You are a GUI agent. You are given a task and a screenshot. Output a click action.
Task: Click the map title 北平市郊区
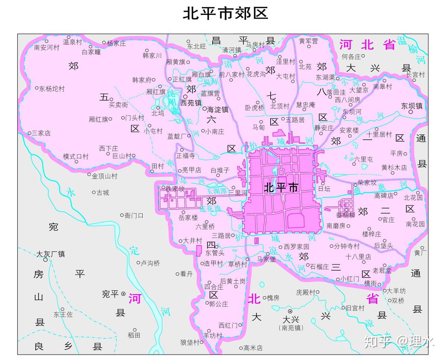coord(225,14)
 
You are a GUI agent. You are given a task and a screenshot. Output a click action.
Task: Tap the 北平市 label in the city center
coord(281,188)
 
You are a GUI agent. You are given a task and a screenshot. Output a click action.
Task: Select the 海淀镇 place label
coord(217,110)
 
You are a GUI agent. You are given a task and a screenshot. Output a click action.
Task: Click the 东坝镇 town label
coord(412,106)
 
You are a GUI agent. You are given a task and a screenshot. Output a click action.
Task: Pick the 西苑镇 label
coord(191,103)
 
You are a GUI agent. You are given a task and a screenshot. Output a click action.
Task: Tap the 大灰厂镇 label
coord(51,254)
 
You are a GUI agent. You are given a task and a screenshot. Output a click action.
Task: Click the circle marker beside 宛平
coord(123,294)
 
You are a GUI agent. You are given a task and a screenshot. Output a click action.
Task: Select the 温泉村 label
coord(72,42)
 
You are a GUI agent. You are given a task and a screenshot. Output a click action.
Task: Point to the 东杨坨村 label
coord(52,89)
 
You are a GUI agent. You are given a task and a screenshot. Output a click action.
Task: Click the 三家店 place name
coord(41,133)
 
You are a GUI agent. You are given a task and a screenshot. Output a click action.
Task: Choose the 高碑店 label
coord(384,196)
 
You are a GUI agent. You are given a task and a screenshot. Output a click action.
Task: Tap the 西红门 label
coord(228,325)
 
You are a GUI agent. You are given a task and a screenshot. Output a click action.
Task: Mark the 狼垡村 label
coord(190,343)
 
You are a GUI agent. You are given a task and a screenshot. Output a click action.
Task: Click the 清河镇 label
coord(232,50)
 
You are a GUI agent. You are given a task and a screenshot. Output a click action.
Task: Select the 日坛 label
coord(324,189)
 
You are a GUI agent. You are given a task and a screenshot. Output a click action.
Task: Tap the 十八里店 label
coord(358,257)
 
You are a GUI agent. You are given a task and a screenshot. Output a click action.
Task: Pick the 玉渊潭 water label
coord(216,190)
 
